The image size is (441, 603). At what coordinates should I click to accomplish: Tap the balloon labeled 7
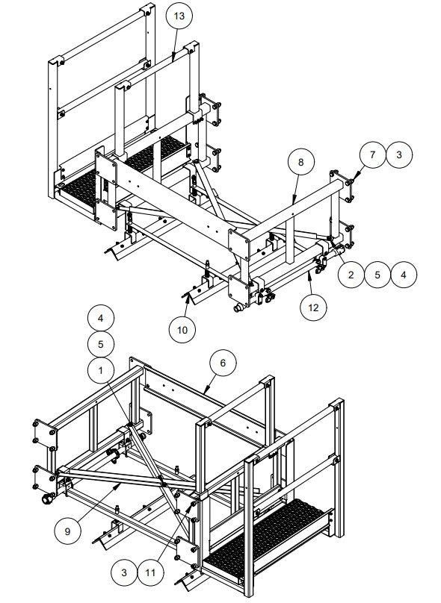[x=371, y=155]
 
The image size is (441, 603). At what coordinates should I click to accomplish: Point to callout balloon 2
[x=351, y=275]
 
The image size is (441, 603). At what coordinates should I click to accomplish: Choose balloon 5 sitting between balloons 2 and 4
[x=377, y=275]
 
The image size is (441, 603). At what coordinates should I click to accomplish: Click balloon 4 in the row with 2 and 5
[x=404, y=275]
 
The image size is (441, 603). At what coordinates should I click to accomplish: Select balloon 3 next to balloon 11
[x=124, y=573]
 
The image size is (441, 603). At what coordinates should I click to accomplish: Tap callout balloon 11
[x=152, y=573]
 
